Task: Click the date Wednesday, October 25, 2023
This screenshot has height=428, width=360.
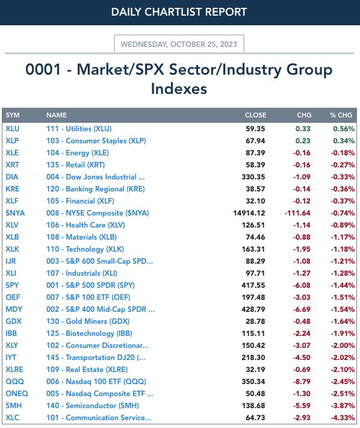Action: pos(179,44)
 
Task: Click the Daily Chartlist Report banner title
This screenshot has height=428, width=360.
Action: pos(179,12)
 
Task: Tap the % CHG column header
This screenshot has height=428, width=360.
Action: pos(341,115)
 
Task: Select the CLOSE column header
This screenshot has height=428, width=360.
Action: pos(255,115)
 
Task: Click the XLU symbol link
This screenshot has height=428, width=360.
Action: pos(13,129)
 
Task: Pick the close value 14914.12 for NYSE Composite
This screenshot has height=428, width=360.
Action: pos(249,213)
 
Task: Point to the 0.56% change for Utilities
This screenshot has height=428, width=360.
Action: pos(344,129)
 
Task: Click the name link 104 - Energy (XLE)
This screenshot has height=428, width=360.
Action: pos(78,153)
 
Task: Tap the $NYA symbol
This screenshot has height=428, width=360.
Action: pos(15,213)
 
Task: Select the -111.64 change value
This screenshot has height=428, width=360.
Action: pos(297,213)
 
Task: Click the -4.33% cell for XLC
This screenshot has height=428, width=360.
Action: pos(343,418)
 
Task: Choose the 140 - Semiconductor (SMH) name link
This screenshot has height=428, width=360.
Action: pos(93,406)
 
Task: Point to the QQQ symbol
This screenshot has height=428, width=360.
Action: pos(14,382)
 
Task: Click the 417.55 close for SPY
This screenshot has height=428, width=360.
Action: pos(253,285)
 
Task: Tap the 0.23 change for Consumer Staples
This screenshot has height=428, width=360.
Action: pos(303,141)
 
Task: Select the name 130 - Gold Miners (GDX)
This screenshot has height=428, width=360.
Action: pos(88,321)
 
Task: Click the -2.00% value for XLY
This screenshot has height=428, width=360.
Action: pos(343,346)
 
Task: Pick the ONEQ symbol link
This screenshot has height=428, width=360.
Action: pos(17,394)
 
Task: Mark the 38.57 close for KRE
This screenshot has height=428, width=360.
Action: pos(255,189)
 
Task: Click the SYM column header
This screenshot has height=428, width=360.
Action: pos(13,115)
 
